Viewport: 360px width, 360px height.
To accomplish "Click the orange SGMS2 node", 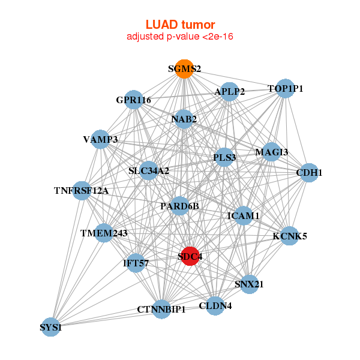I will [x=184, y=69].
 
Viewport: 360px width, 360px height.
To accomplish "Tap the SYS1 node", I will [x=51, y=327].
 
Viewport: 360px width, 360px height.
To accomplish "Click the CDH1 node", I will [x=309, y=173].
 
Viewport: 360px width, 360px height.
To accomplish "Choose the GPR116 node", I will [x=133, y=99].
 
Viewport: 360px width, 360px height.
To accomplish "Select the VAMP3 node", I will [x=100, y=139].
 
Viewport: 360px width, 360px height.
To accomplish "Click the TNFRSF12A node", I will [x=82, y=191].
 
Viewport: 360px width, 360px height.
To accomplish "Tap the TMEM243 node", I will [x=104, y=233].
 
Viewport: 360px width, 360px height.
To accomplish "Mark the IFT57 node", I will [x=136, y=262].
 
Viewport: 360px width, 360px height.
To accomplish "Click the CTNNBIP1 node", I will [x=161, y=309].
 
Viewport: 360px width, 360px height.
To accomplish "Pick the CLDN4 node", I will [x=215, y=305].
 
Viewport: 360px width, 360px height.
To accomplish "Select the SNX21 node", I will [x=249, y=284].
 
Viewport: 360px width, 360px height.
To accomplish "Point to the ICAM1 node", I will [x=244, y=215].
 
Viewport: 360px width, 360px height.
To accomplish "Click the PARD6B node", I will [x=179, y=206].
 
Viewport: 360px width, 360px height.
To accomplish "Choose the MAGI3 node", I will [x=271, y=152].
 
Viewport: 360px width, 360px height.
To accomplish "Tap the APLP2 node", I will [x=230, y=92].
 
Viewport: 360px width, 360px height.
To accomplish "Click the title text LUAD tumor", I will [x=180, y=25].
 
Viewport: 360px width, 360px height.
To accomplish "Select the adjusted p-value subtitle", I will [x=180, y=37].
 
